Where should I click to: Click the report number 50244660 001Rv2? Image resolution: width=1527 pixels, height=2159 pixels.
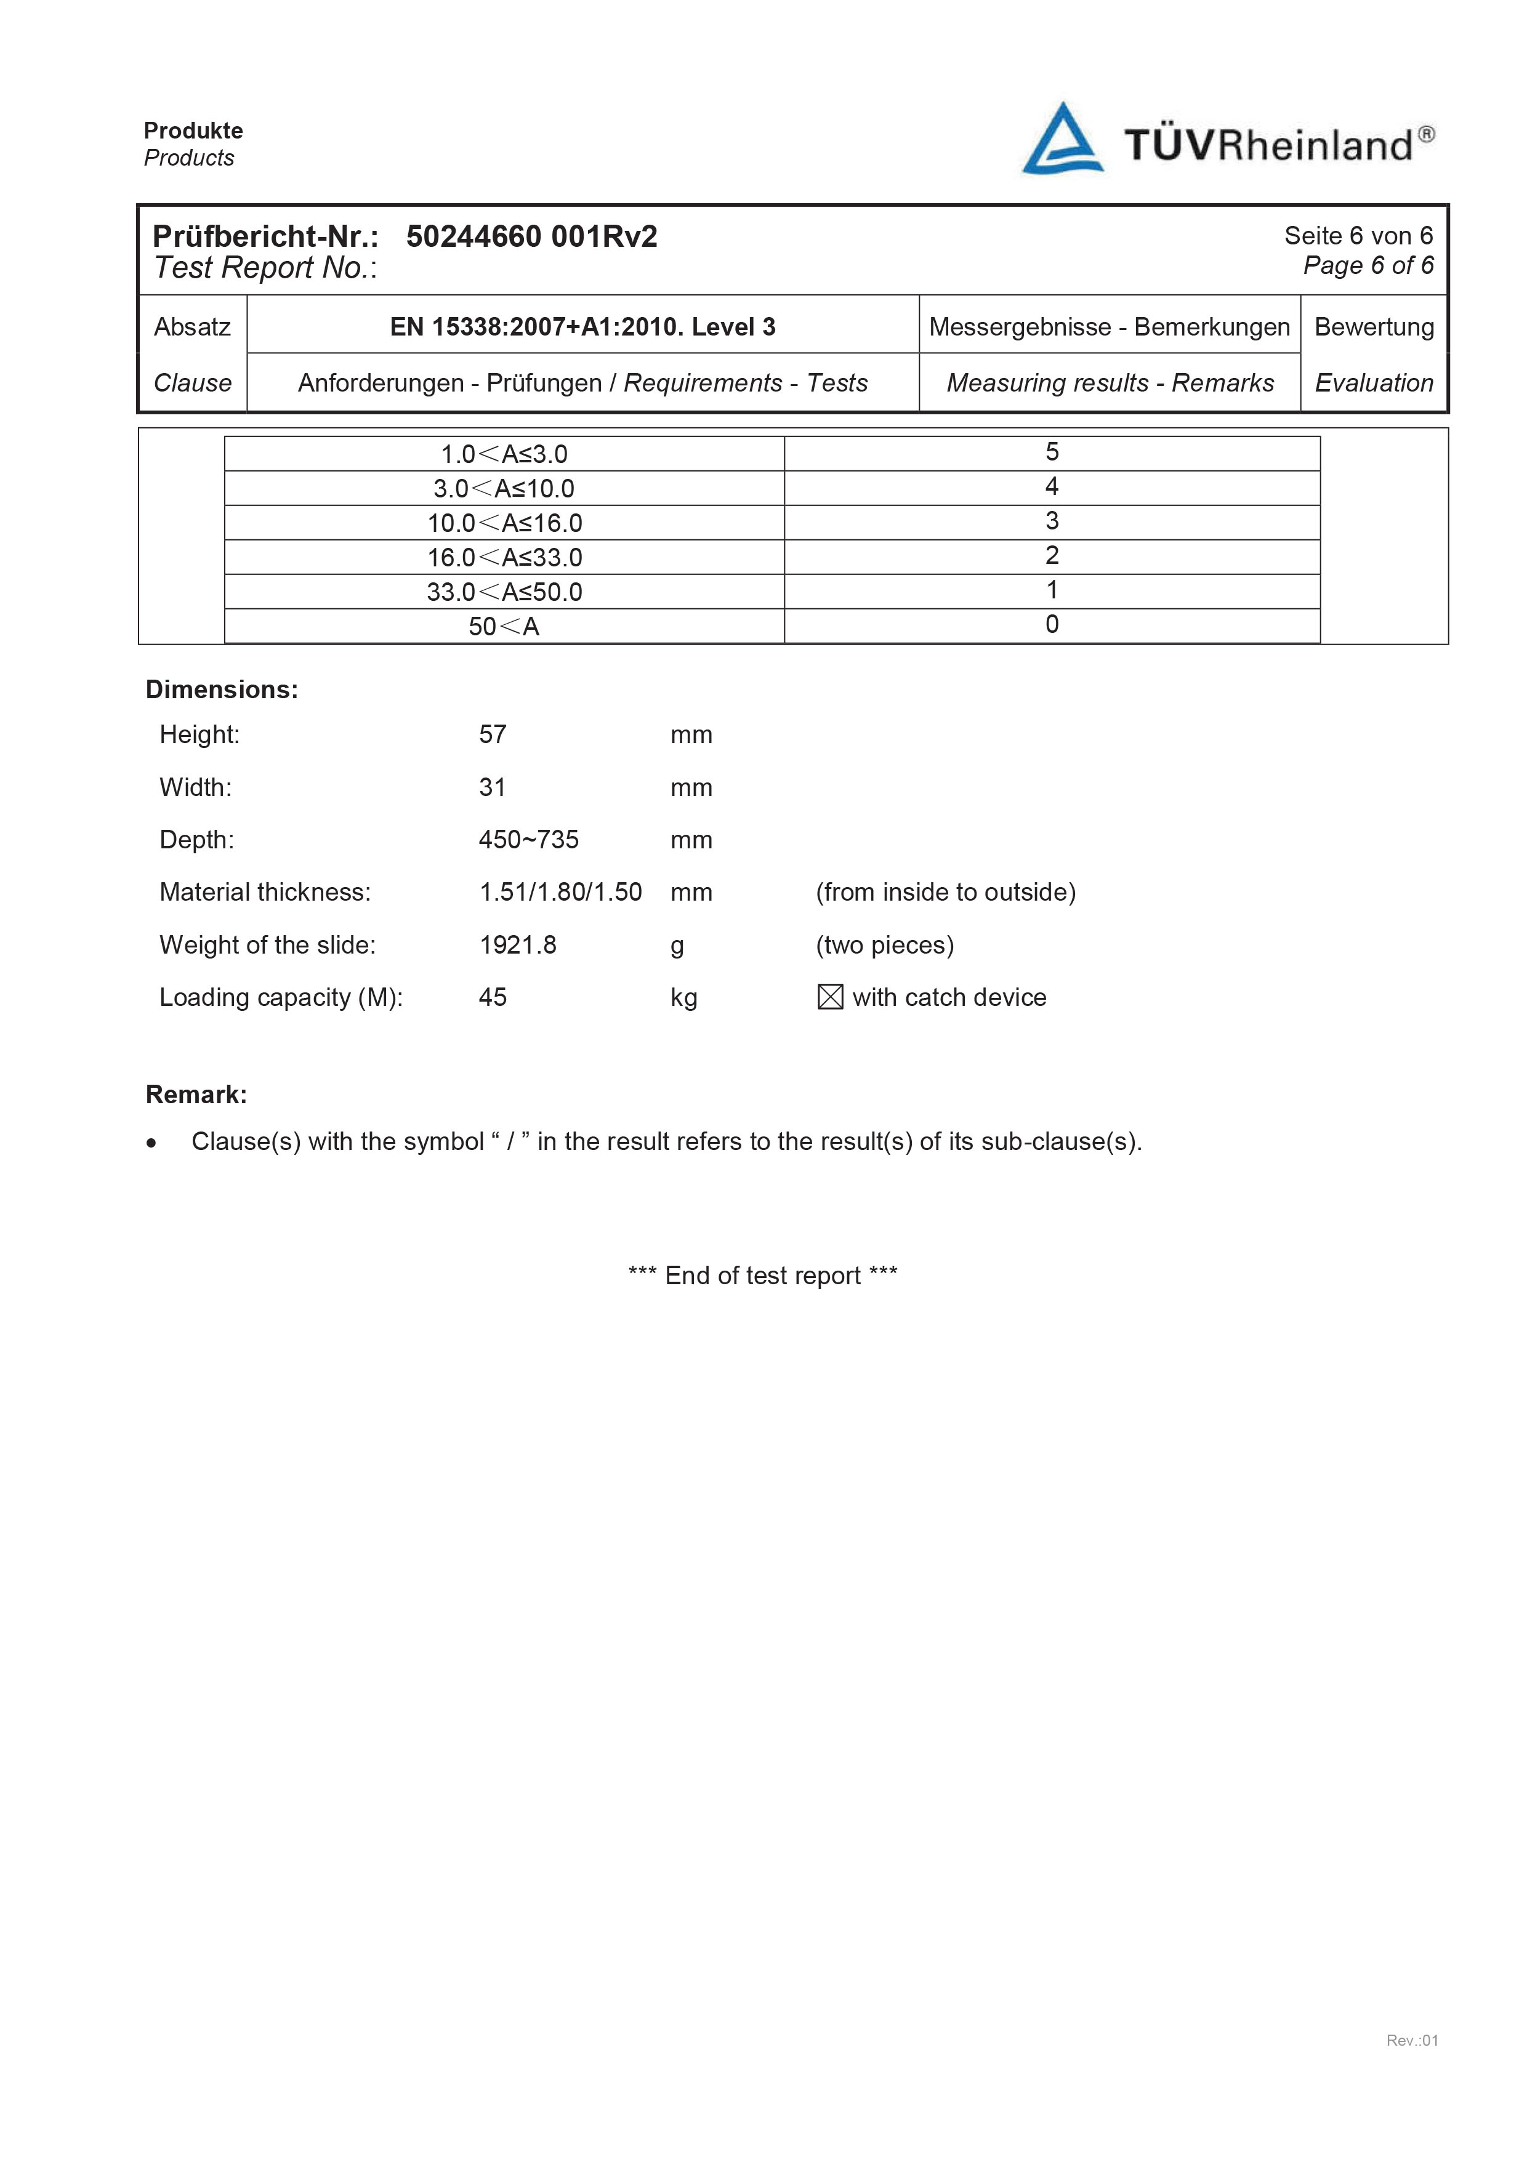[531, 236]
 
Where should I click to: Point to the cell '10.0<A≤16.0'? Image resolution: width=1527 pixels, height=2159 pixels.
[504, 523]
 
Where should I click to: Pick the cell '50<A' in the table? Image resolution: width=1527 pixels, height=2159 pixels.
[504, 626]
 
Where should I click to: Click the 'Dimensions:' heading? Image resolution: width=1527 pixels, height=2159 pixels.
[222, 690]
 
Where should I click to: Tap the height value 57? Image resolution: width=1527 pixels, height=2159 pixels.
[492, 734]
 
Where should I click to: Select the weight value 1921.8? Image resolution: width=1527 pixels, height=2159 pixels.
[517, 944]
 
